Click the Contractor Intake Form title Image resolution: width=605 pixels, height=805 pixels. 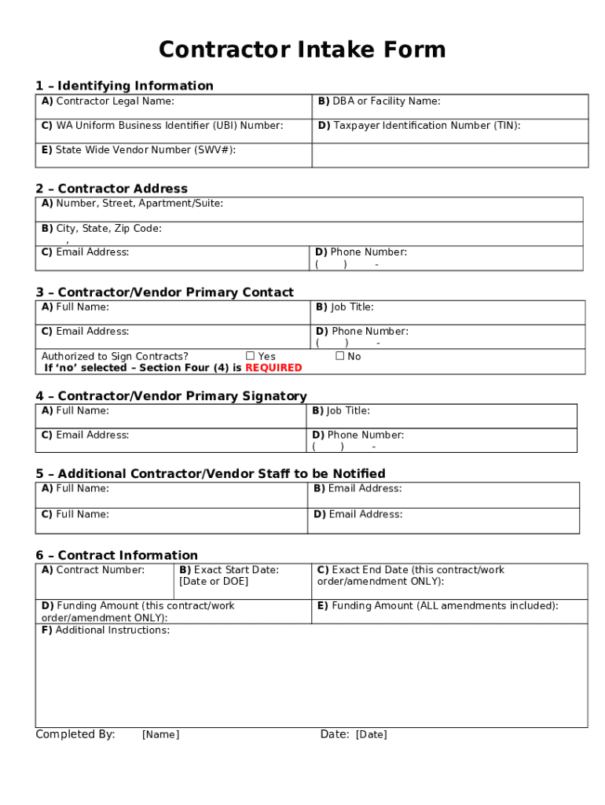point(302,50)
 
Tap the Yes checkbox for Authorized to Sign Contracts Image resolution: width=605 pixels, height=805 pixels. point(251,356)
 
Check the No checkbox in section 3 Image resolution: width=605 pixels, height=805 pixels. point(340,356)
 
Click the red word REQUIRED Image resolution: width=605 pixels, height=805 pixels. point(273,368)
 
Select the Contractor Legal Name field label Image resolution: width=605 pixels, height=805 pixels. point(108,101)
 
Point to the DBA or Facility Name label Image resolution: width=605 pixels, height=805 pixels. point(379,101)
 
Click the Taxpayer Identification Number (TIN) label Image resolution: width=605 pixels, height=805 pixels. point(419,126)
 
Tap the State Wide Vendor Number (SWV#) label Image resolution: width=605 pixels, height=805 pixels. point(138,150)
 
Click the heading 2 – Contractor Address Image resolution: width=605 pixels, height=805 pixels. point(112,189)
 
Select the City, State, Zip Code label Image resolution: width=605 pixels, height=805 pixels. point(101,229)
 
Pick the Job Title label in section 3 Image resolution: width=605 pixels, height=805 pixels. point(345,307)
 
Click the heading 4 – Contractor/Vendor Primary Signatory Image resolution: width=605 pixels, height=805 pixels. point(170,396)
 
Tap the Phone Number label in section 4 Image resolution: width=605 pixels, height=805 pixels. point(358,435)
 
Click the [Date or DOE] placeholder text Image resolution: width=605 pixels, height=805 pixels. point(213,582)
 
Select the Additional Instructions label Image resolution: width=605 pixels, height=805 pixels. point(105,630)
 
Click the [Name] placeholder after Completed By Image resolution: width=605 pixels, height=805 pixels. point(160,735)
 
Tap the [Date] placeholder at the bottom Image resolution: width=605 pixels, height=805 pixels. point(371,735)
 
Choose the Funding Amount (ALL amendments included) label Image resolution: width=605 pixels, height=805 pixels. point(438,606)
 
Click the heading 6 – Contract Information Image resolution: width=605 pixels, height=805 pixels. point(116,556)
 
